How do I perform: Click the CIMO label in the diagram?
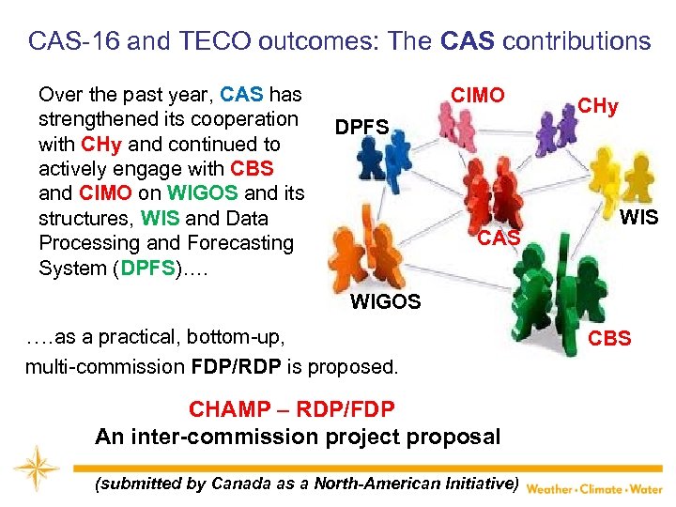click(x=477, y=95)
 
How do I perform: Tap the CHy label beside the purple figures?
click(x=597, y=106)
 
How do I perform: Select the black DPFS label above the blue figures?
click(x=361, y=127)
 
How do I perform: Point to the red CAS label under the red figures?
click(x=499, y=238)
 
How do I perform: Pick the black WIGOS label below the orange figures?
click(x=385, y=301)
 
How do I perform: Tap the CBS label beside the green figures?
click(x=609, y=337)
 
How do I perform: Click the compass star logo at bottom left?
click(x=36, y=469)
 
